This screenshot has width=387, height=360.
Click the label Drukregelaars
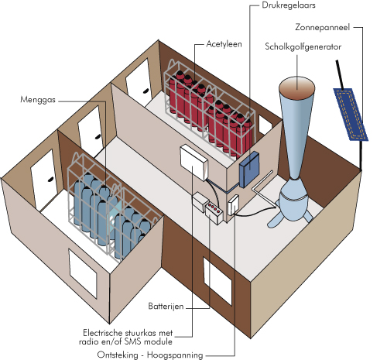click(289, 5)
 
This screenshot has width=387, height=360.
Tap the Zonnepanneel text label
click(322, 27)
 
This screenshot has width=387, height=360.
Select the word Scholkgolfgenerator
click(303, 46)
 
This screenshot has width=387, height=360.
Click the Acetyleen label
click(224, 44)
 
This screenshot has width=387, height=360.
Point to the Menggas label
click(38, 100)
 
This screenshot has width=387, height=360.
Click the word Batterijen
click(166, 307)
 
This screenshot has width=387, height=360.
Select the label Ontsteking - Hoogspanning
click(150, 355)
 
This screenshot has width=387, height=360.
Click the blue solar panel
click(351, 115)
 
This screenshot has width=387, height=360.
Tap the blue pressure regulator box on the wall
click(249, 170)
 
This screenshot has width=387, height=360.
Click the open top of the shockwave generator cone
click(297, 86)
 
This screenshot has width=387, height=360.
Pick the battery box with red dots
click(214, 212)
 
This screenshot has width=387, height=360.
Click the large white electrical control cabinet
click(193, 162)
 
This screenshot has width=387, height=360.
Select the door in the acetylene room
click(139, 79)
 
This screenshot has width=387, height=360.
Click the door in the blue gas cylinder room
click(44, 179)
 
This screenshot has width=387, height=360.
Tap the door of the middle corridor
click(91, 130)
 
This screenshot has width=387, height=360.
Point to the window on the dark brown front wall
click(217, 281)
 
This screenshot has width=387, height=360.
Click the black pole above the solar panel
click(339, 75)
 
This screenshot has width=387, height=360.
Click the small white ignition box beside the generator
click(233, 205)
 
